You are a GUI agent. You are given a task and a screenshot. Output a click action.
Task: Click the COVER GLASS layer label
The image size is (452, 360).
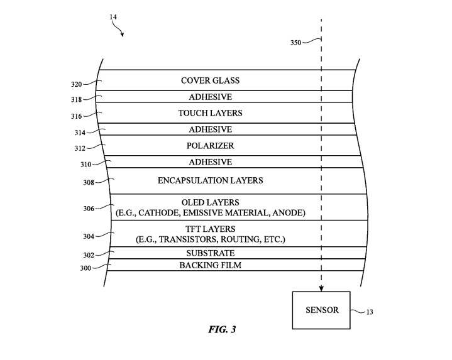click(210, 80)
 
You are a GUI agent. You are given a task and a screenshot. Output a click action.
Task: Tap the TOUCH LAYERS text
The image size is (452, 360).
click(210, 113)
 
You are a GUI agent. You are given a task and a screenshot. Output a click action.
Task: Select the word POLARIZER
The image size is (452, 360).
click(210, 146)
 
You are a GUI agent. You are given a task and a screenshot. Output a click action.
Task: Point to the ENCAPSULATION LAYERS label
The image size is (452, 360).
click(210, 180)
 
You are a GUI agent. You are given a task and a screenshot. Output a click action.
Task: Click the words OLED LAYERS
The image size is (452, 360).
click(210, 202)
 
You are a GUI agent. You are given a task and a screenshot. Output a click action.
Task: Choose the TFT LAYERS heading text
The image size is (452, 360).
click(210, 229)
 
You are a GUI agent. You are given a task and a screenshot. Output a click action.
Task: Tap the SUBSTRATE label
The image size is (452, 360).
click(210, 253)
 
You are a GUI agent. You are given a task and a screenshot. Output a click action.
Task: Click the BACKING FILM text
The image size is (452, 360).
click(210, 265)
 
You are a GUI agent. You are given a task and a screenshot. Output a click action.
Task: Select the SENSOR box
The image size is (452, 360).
click(322, 310)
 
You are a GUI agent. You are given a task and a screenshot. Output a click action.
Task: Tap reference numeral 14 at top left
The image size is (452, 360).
click(113, 17)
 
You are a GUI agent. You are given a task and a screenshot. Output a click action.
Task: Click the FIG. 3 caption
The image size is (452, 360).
click(221, 329)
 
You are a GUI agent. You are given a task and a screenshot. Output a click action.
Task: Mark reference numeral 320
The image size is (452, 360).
click(77, 83)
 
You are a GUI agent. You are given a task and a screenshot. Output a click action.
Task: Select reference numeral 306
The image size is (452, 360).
click(88, 209)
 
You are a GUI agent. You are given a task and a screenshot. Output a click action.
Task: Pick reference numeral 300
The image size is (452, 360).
click(82, 268)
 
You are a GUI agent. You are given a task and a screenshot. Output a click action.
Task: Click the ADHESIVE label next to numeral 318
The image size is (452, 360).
click(210, 97)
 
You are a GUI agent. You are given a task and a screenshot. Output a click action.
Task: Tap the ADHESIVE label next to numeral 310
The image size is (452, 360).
click(210, 162)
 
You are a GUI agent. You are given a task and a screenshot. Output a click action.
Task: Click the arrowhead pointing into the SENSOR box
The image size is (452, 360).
click(321, 288)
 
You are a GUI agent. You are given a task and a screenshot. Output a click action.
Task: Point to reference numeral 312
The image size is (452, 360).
click(79, 149)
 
